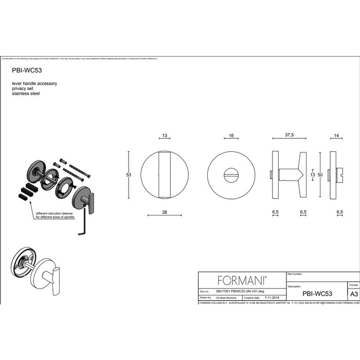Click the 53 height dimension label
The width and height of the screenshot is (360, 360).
tap(129, 175)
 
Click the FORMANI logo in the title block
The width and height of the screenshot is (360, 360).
tap(242, 280)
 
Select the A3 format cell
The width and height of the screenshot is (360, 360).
tap(353, 295)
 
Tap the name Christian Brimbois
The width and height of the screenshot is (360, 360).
tap(226, 297)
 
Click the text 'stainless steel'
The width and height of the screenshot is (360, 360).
tap(26, 94)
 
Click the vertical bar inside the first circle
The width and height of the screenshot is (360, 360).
tap(165, 175)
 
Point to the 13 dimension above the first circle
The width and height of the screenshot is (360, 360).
tap(165, 137)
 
